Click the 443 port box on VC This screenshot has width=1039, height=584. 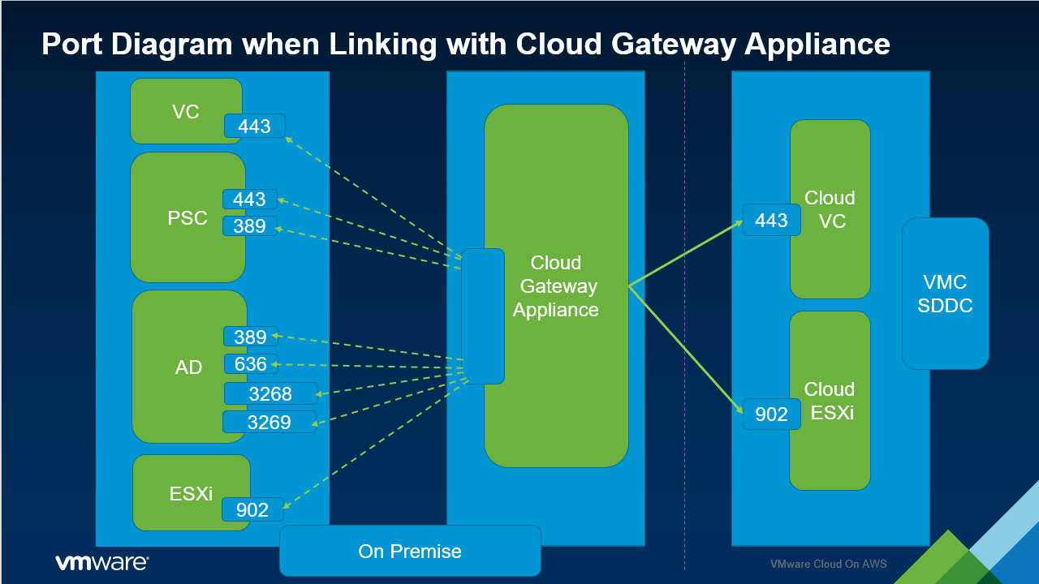coord(254,126)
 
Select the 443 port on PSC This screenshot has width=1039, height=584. coord(249,200)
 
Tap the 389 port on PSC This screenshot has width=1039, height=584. coord(249,226)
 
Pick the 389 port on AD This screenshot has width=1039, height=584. coord(250,337)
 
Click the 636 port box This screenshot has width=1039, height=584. coord(250,364)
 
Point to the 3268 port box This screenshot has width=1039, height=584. coord(270,394)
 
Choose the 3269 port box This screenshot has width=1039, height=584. coord(269,423)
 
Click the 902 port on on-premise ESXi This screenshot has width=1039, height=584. coord(252,509)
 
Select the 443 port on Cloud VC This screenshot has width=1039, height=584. coord(771,221)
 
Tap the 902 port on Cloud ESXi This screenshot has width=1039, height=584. coord(771,414)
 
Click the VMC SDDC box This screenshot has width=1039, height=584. coord(945,294)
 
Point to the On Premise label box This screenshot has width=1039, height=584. coord(410,552)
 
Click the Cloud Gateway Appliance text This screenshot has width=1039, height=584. coord(556,286)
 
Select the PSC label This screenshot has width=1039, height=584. coord(188,218)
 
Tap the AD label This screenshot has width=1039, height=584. coord(188,367)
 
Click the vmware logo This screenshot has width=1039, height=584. coord(101,562)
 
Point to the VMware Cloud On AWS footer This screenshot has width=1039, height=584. coord(828,564)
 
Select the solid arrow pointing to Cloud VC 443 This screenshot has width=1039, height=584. coord(686,253)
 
